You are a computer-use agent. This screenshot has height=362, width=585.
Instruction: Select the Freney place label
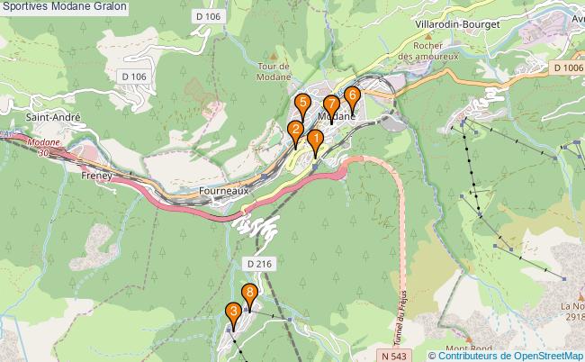click(96, 176)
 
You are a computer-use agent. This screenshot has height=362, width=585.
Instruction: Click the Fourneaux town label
click(222, 192)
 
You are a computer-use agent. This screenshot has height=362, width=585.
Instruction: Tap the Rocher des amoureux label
click(428, 50)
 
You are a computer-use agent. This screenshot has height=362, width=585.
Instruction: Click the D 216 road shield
click(257, 263)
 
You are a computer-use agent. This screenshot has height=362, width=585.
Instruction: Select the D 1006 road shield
click(568, 68)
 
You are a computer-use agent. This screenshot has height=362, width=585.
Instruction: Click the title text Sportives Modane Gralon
click(65, 7)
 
